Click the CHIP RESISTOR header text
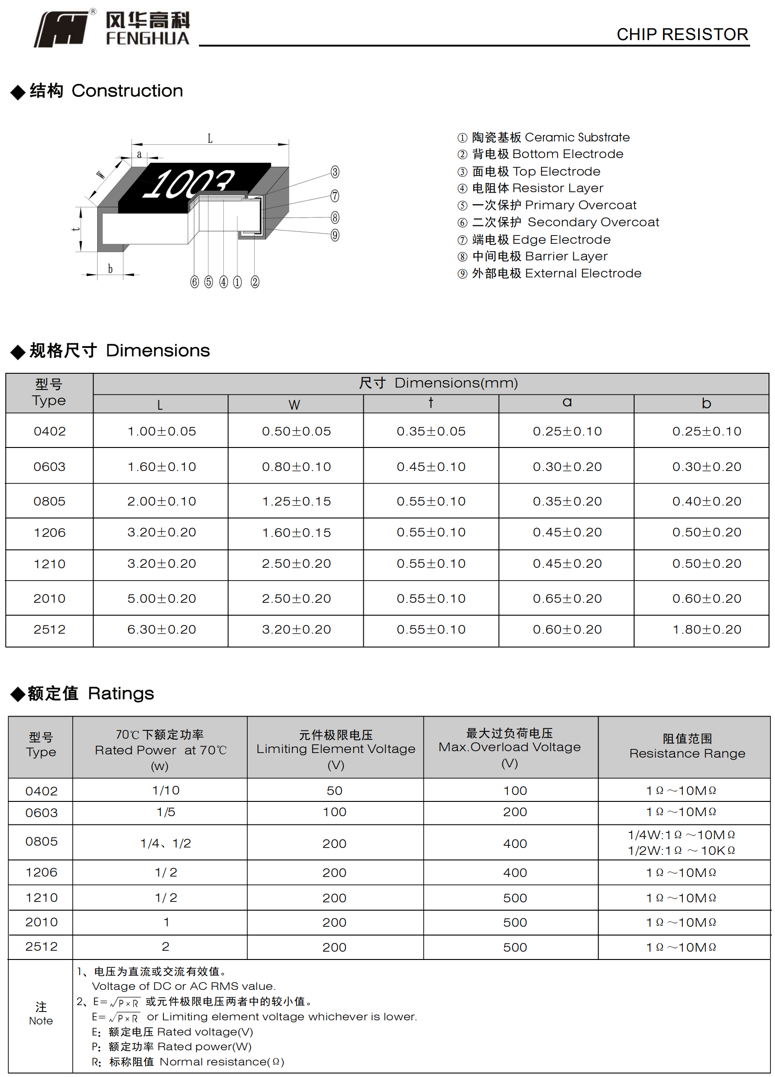pos(682,34)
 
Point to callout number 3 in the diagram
pos(335,172)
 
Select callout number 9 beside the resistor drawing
pos(335,235)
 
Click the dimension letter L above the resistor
pos(210,139)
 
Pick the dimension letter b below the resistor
pos(110,269)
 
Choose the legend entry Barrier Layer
pos(540,256)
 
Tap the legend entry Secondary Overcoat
pos(565,222)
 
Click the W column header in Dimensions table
pos(294,405)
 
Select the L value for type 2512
pos(161,630)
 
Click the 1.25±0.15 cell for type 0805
pos(296,501)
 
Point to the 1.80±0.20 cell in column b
pos(706,630)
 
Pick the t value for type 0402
pos(431,431)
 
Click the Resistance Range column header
pos(687,746)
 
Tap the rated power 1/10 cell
pos(166,790)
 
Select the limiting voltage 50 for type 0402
pos(335,791)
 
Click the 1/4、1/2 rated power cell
pos(166,843)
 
